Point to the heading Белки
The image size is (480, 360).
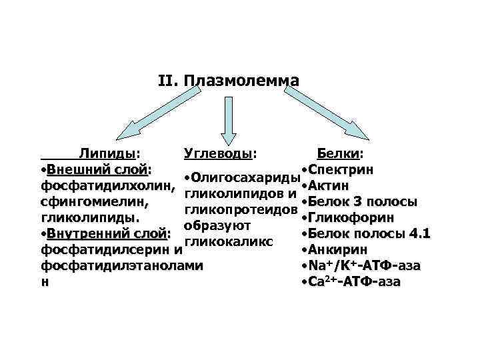tap(339, 155)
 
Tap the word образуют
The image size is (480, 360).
tap(216, 226)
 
